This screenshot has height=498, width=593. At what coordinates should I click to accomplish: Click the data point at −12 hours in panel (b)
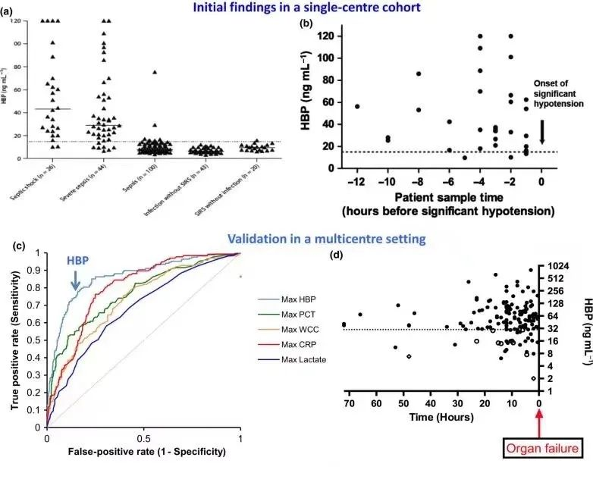357,106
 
